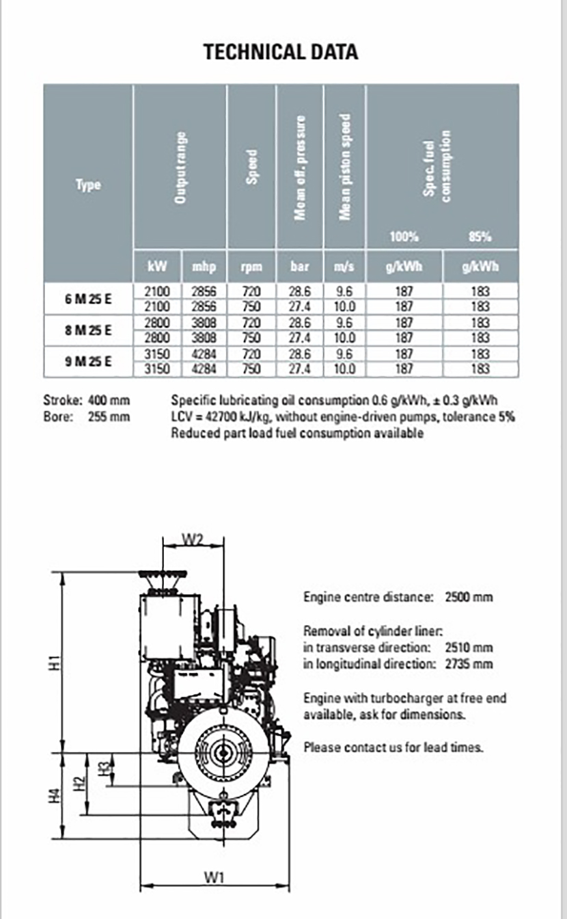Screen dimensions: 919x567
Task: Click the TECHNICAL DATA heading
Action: point(281,52)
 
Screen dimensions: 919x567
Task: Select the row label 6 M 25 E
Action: point(88,298)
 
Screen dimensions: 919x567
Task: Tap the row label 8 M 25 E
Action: point(88,330)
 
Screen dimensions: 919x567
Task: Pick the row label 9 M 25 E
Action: point(88,362)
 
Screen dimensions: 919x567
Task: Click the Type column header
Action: point(88,185)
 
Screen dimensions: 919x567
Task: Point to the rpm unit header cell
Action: point(251,266)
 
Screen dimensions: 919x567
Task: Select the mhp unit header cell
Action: point(204,266)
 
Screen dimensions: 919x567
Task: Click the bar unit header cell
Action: point(300,266)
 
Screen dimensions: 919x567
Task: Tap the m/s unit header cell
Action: point(344,266)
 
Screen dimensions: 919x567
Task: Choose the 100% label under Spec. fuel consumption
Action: point(404,237)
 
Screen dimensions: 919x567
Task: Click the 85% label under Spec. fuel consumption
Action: point(480,237)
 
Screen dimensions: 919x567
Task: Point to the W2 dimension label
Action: point(193,539)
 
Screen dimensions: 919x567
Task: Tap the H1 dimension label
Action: point(58,662)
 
